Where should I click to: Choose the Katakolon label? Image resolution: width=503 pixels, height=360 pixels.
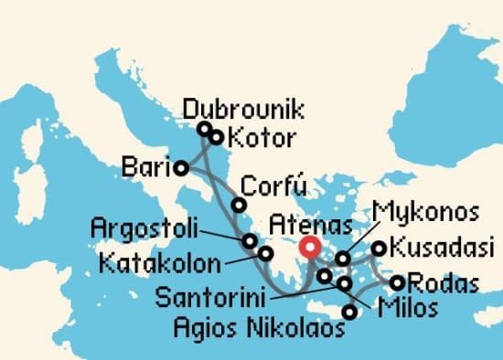(x=161, y=265)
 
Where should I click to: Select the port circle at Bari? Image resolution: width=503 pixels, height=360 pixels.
(x=181, y=167)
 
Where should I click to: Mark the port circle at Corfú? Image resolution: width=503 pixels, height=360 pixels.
(x=238, y=206)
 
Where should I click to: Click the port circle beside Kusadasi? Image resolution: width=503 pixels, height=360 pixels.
(x=378, y=248)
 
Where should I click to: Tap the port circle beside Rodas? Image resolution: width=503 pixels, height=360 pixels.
(x=397, y=282)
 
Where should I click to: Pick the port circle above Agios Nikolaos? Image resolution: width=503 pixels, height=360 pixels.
(x=349, y=312)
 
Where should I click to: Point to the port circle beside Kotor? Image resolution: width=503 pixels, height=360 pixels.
(x=217, y=138)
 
